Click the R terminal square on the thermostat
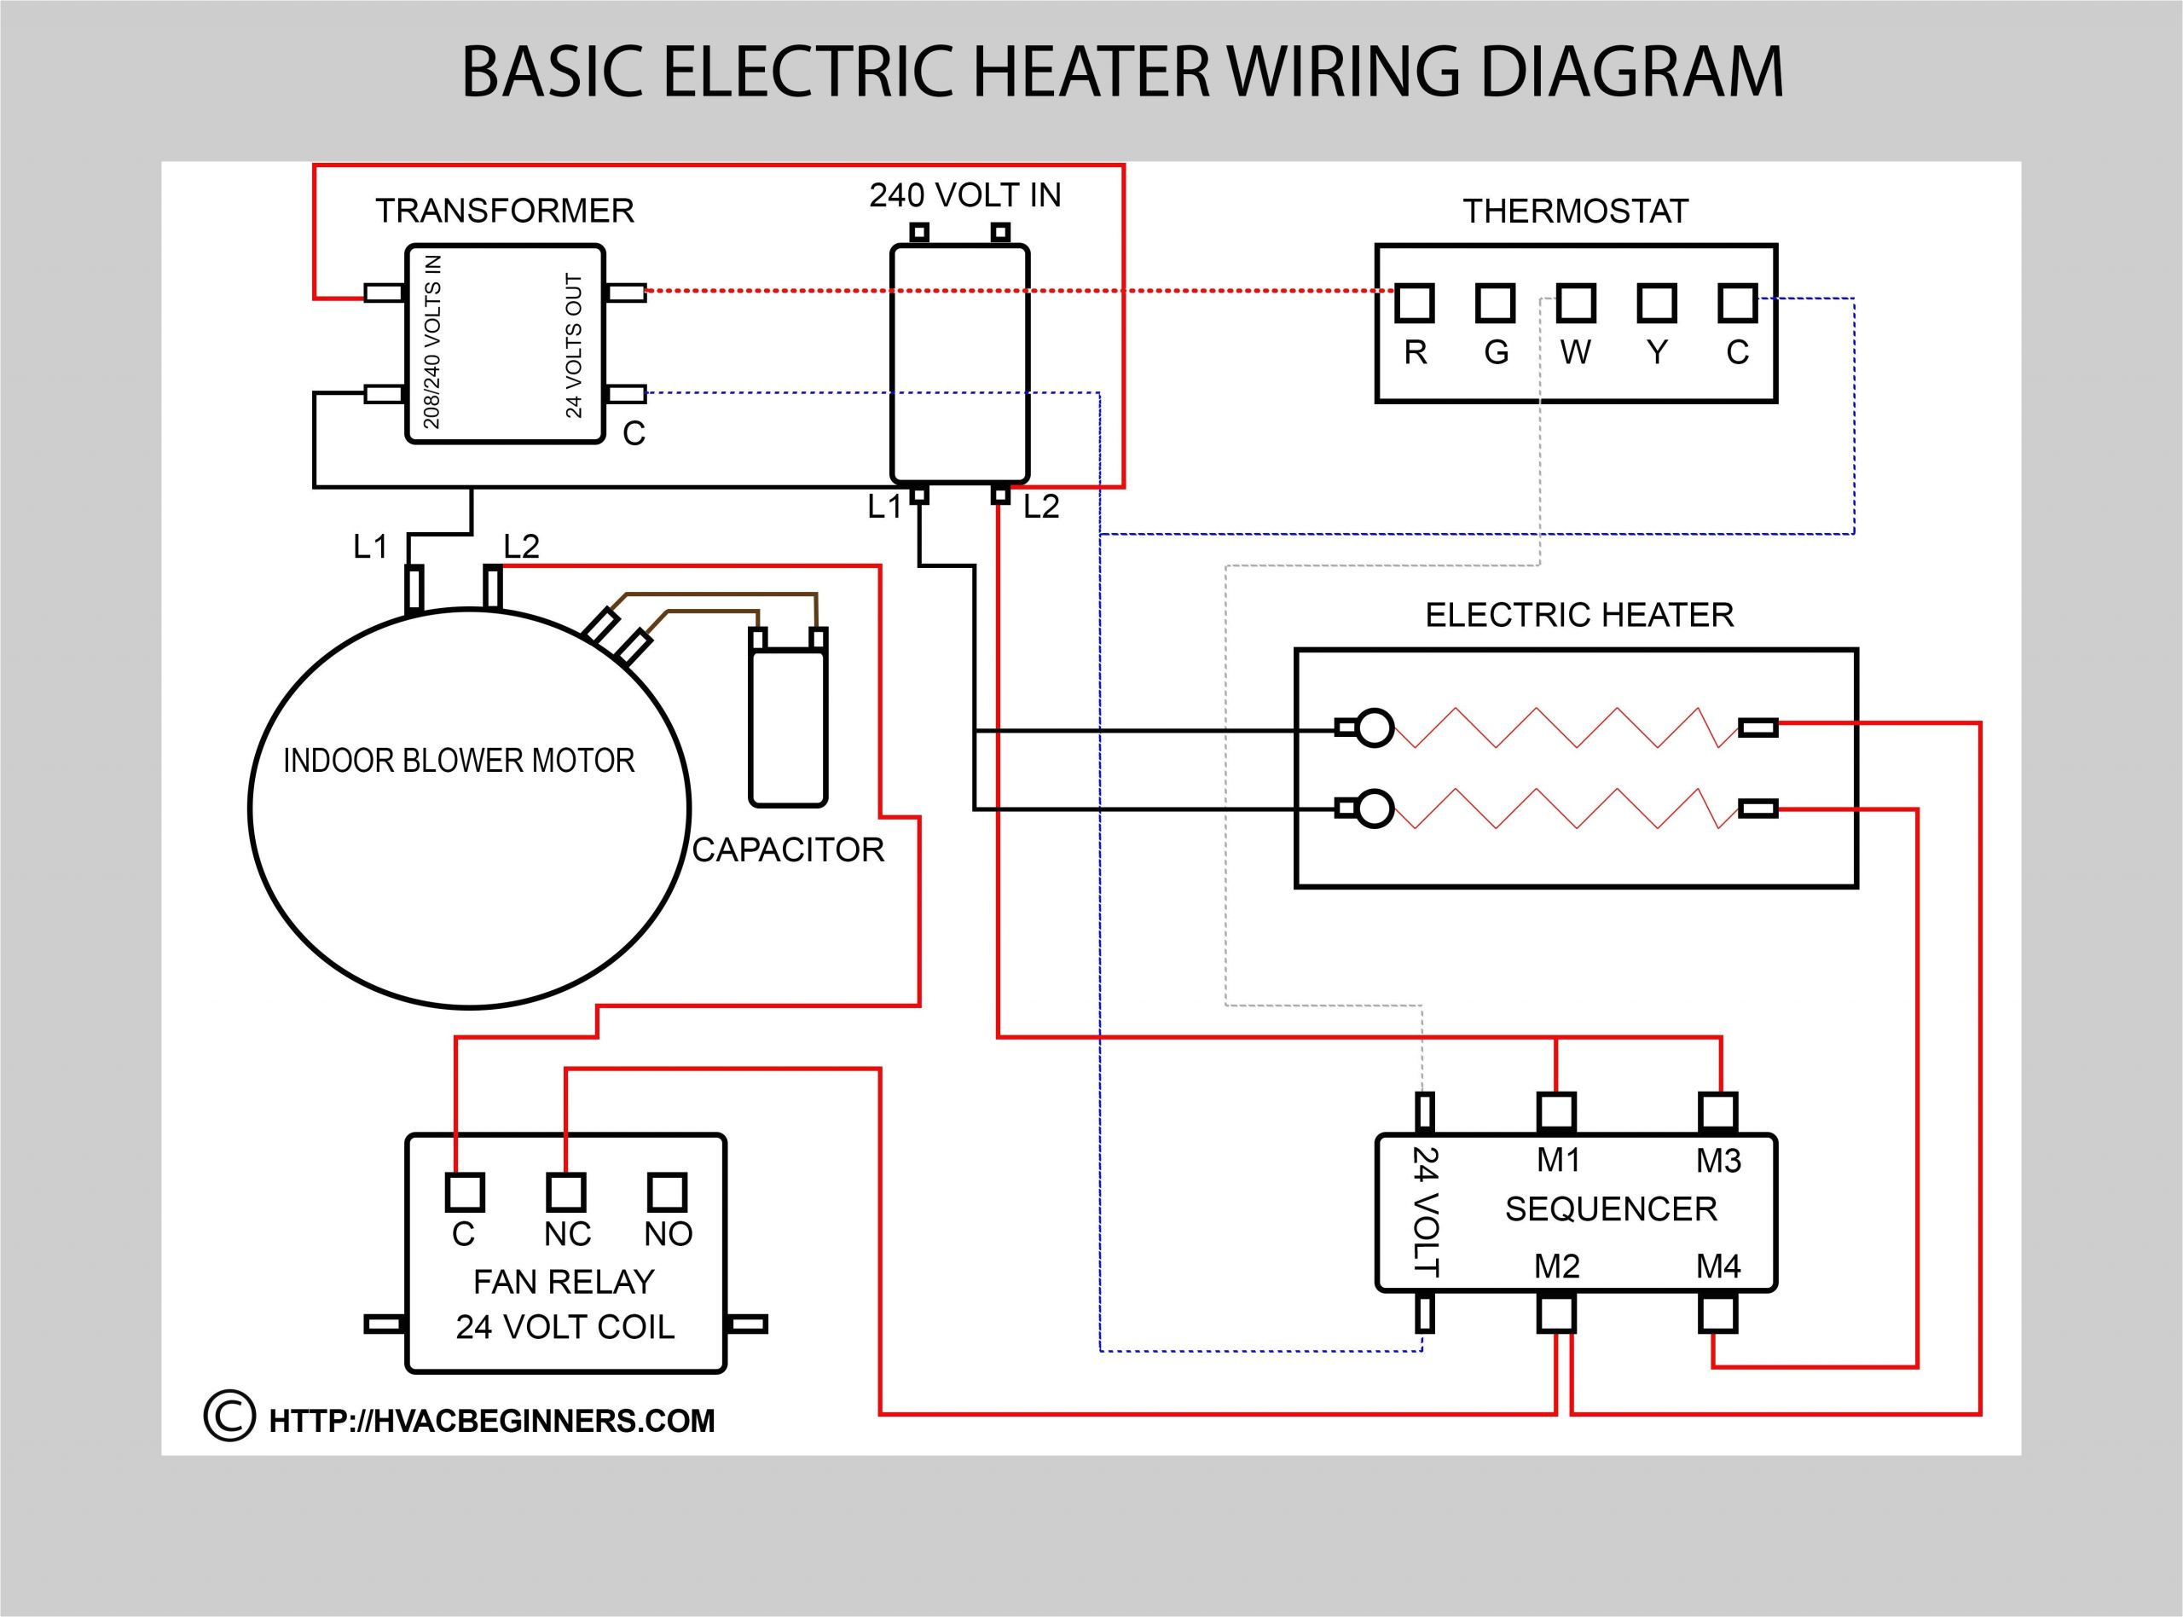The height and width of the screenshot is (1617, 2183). (1414, 304)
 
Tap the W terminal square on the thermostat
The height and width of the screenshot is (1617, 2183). (1575, 304)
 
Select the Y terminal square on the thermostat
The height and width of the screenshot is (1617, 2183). (1657, 304)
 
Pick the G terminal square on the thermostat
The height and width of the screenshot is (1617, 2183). (1495, 304)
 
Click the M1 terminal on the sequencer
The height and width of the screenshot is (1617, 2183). (1555, 1112)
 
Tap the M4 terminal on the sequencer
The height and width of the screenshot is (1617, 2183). (1717, 1313)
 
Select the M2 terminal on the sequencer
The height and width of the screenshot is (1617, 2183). (1555, 1313)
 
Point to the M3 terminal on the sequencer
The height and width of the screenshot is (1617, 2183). (1717, 1112)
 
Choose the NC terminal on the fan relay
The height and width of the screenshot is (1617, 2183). (565, 1192)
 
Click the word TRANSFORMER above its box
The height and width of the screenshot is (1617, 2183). (505, 211)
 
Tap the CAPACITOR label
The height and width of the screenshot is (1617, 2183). (788, 849)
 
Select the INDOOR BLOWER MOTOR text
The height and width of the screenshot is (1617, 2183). (459, 761)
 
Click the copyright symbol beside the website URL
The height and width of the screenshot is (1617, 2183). (229, 1417)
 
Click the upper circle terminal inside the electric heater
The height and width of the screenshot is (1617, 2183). (1375, 727)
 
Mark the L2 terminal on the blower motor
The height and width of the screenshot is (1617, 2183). (493, 588)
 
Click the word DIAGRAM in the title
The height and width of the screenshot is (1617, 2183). (1632, 72)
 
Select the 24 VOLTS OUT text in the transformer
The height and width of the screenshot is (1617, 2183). (575, 345)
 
